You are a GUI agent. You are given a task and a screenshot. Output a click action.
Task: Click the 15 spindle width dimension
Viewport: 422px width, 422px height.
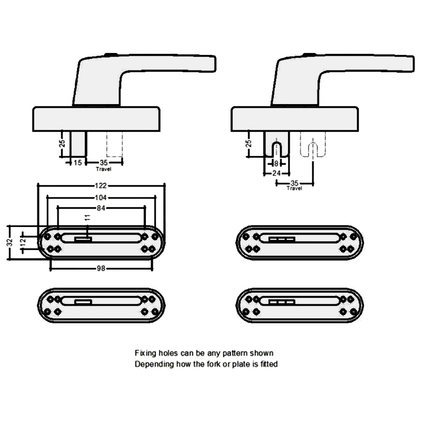pos(78,162)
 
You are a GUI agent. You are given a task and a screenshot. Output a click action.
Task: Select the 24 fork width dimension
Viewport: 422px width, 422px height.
pos(276,173)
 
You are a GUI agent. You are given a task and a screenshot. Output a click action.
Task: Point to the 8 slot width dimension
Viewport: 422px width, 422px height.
pos(276,163)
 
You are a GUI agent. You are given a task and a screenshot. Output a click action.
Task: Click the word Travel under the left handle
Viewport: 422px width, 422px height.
pos(103,168)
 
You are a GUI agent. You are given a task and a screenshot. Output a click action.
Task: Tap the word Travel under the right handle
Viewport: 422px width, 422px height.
pos(294,188)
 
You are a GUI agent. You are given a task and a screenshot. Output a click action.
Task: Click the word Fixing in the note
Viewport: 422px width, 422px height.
pos(144,353)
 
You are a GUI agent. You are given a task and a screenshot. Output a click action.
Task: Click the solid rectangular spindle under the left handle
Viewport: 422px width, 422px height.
pos(78,143)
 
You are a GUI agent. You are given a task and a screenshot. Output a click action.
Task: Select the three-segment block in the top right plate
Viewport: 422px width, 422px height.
pos(281,239)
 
